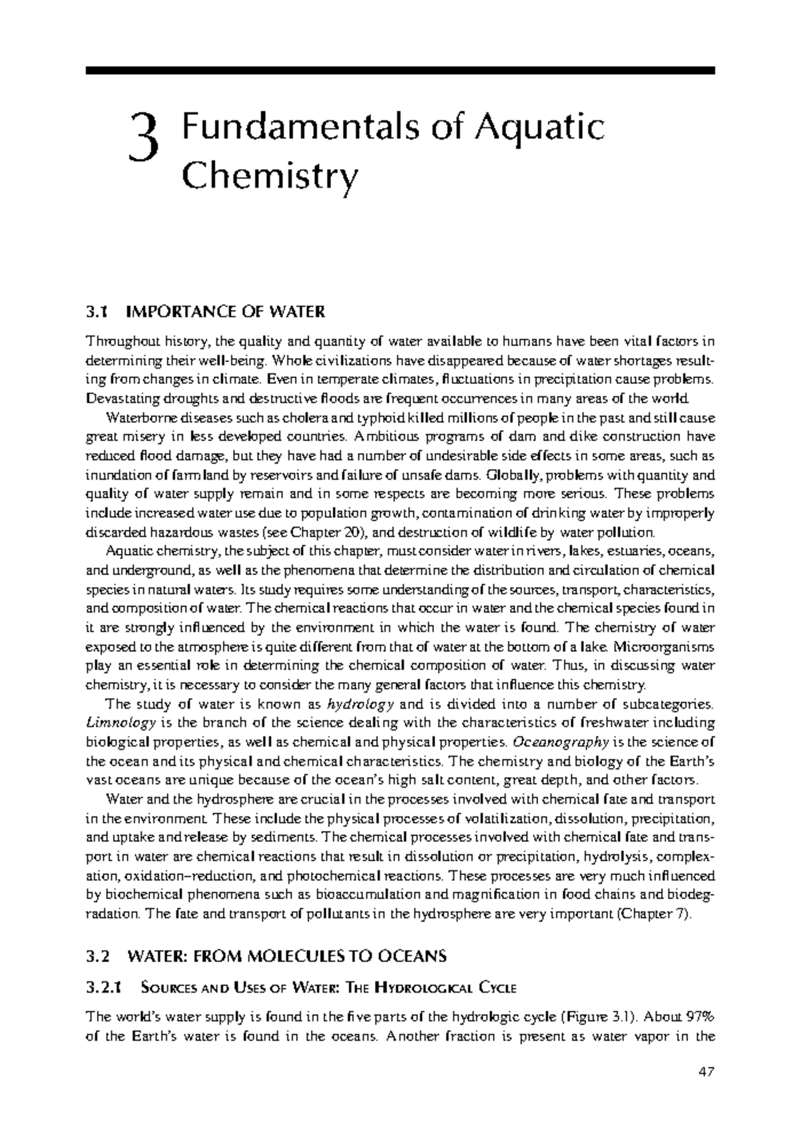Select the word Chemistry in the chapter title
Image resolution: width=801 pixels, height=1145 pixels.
pos(270,178)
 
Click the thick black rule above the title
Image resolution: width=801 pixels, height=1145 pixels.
pos(400,70)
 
